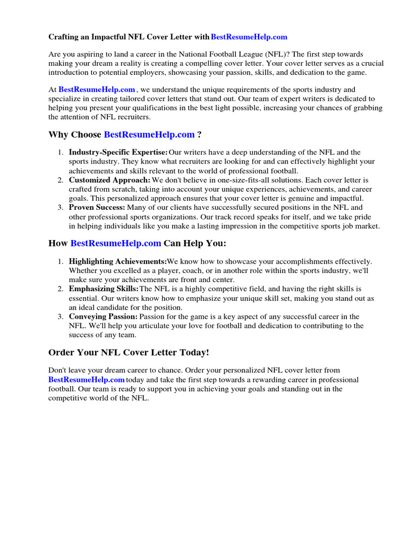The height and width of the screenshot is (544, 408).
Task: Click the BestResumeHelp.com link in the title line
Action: pyautogui.click(x=249, y=37)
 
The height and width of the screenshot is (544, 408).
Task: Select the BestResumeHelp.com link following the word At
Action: pyautogui.click(x=96, y=90)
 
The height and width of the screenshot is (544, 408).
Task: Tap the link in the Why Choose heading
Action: pyautogui.click(x=149, y=135)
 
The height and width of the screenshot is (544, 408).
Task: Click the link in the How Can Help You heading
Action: pyautogui.click(x=115, y=243)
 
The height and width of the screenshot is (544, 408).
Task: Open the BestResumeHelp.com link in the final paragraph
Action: pyautogui.click(x=86, y=380)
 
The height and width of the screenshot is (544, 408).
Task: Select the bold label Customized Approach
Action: pyautogui.click(x=109, y=180)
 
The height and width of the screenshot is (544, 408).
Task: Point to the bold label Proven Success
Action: pyautogui.click(x=97, y=208)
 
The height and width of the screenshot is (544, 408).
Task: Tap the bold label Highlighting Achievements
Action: pyautogui.click(x=117, y=261)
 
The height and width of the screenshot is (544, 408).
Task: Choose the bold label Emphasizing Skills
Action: pyautogui.click(x=104, y=289)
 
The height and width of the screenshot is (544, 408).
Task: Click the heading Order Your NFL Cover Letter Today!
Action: pyautogui.click(x=129, y=353)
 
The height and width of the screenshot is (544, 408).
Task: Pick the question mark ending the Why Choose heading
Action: pyautogui.click(x=199, y=135)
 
